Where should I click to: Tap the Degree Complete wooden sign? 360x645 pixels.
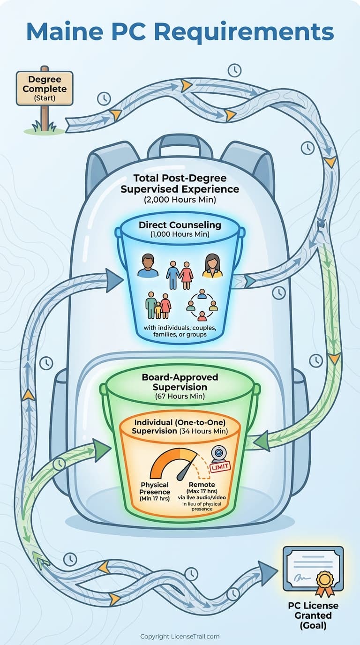(45, 88)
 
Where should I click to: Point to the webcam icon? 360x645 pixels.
(219, 455)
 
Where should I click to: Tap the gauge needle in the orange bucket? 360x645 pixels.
(184, 469)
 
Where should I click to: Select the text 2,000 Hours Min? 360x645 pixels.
(180, 200)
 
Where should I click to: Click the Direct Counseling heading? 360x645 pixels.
(180, 225)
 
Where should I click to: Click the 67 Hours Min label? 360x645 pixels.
(180, 397)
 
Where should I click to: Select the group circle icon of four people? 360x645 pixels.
(202, 305)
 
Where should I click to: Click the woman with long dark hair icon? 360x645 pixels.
(211, 267)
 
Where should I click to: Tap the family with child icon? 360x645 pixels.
(158, 306)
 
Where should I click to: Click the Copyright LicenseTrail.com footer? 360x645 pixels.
(180, 637)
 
